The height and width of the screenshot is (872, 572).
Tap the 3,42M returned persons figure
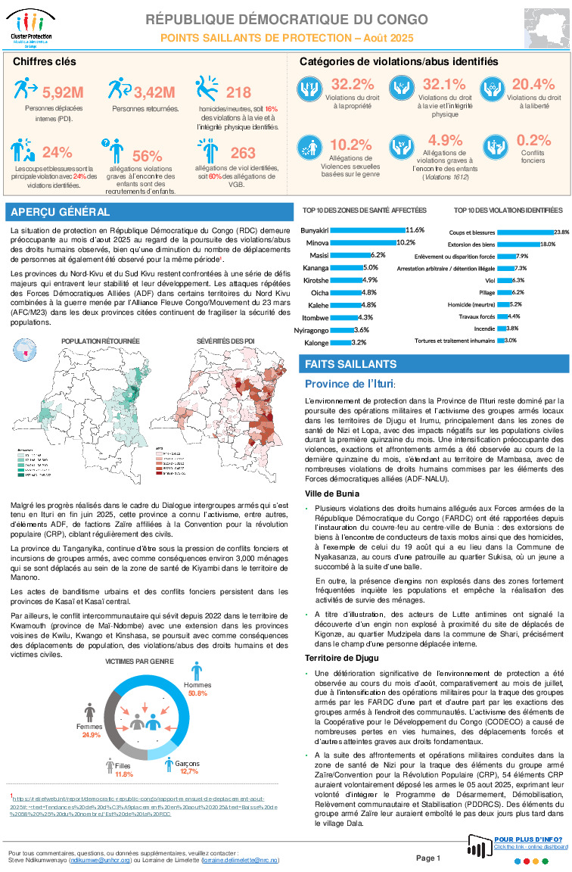[154, 93]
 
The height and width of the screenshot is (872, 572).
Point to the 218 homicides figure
[238, 92]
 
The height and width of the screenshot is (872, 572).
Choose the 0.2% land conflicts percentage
[533, 140]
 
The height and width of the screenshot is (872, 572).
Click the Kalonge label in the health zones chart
[315, 343]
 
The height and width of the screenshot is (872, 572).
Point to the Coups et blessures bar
[524, 232]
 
